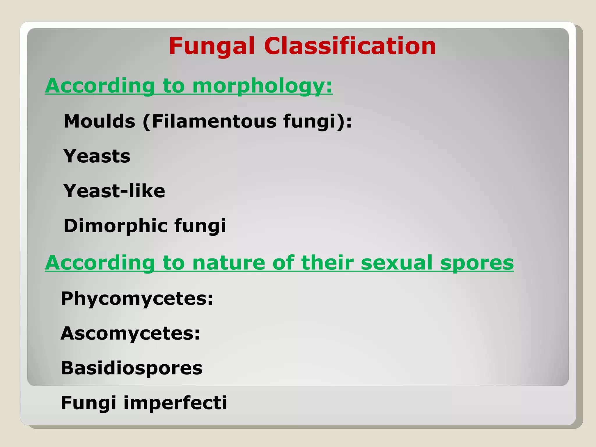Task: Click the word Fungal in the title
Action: (x=212, y=47)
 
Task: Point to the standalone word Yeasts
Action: (x=97, y=156)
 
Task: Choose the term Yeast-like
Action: (x=114, y=191)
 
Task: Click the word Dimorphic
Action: (x=116, y=226)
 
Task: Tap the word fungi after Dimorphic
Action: (x=200, y=226)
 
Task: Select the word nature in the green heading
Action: (x=229, y=263)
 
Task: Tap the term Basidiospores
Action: (x=132, y=368)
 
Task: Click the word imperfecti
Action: (x=175, y=403)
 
